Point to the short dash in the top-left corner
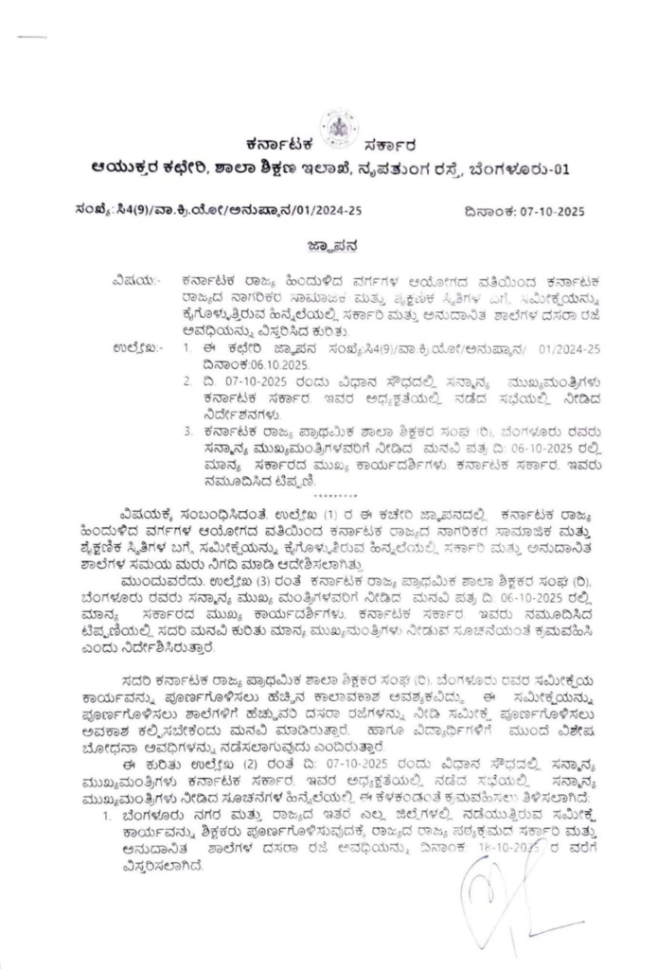click(31, 37)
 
